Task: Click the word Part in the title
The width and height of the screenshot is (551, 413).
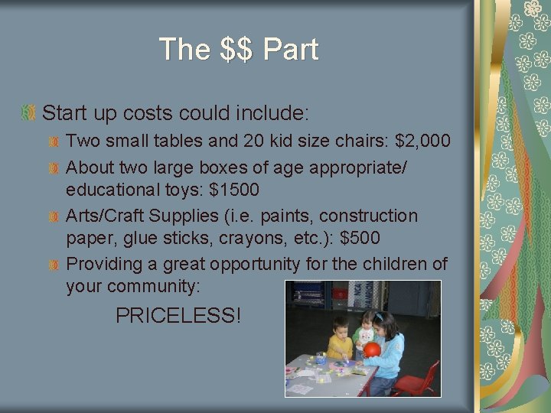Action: coord(290,50)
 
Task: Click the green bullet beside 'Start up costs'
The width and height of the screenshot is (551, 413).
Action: coord(28,114)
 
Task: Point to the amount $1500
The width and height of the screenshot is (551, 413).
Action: coord(234,189)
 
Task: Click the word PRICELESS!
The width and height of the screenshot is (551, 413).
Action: coord(178,314)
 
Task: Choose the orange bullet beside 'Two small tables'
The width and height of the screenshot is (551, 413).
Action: coord(54,142)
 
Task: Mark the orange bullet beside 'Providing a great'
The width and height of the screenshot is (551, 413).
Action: coord(54,265)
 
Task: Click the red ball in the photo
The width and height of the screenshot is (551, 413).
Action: coord(372,350)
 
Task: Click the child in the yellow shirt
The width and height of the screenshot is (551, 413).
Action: coord(340,344)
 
